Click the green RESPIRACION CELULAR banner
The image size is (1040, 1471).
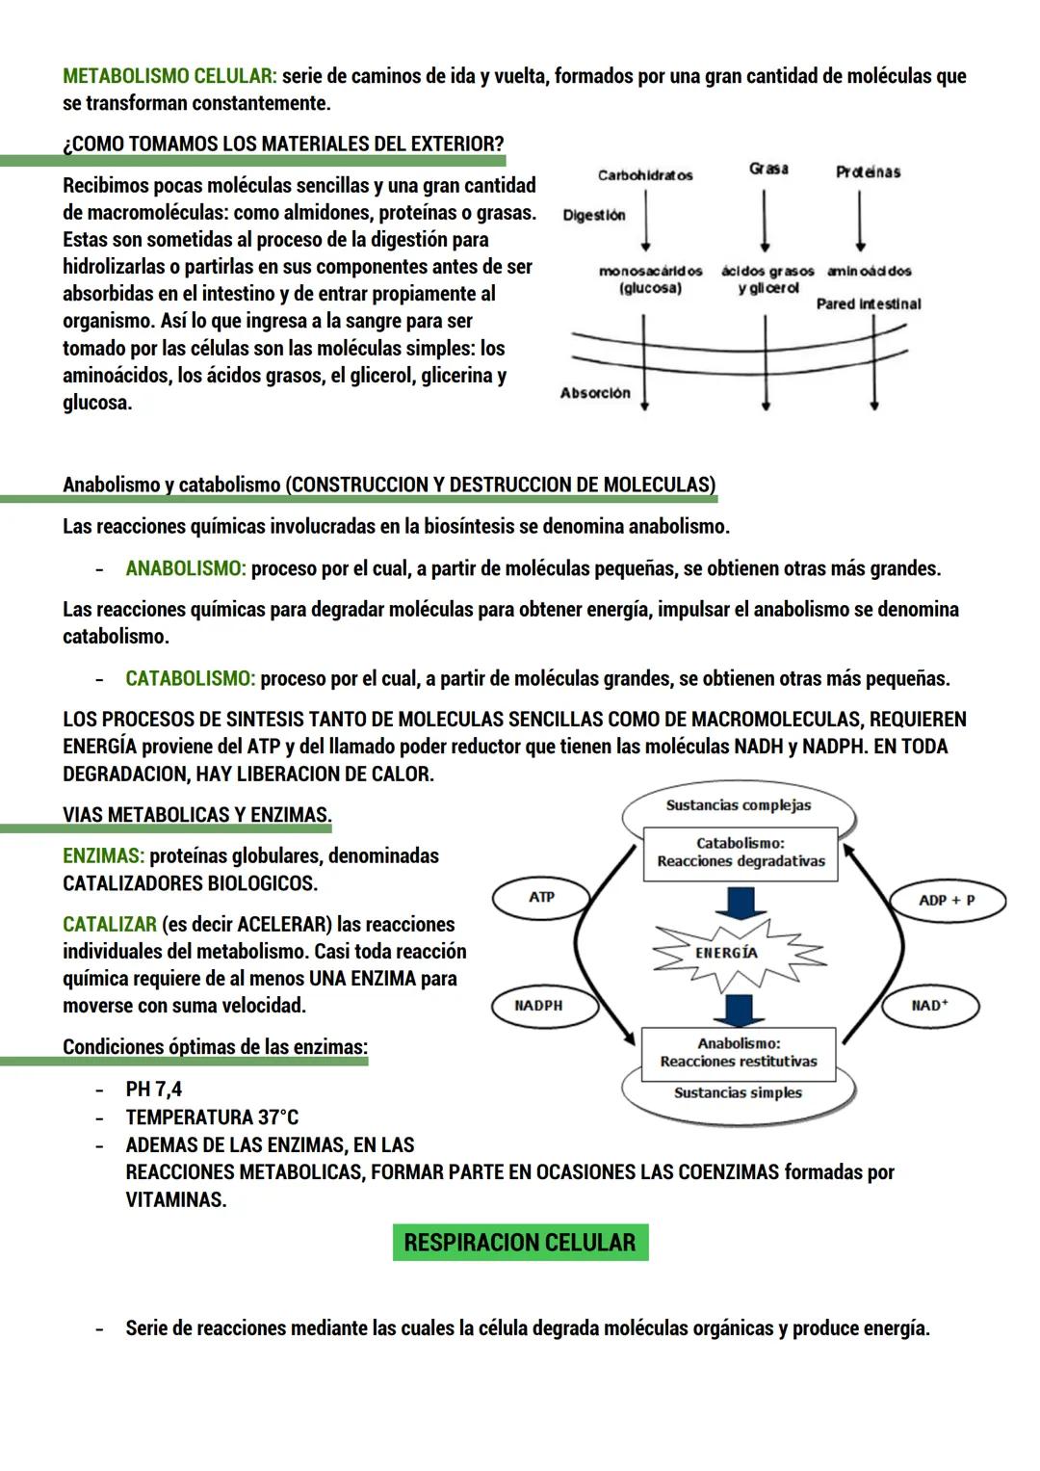click(x=520, y=1242)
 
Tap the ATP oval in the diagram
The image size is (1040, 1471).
click(x=541, y=898)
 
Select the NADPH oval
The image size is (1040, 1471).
click(x=538, y=1006)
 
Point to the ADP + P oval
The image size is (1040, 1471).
click(x=946, y=900)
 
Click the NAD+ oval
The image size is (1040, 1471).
click(x=929, y=1006)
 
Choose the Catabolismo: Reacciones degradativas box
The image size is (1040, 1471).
click(x=741, y=853)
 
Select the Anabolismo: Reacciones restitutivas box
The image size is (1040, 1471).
click(x=739, y=1052)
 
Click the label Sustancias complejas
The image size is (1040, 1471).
click(x=739, y=805)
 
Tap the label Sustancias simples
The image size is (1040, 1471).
click(x=738, y=1092)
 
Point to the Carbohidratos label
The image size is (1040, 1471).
click(x=645, y=175)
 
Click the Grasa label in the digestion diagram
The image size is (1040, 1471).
click(x=768, y=169)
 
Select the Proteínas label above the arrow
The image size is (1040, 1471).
click(x=868, y=171)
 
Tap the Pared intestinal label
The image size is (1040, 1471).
click(x=869, y=304)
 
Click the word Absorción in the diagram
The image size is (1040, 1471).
click(x=595, y=393)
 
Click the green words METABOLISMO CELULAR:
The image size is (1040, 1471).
click(x=169, y=76)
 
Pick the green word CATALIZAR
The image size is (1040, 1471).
click(x=110, y=925)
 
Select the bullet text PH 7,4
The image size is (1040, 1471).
click(x=154, y=1090)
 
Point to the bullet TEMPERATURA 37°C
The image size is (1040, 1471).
click(x=212, y=1117)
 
